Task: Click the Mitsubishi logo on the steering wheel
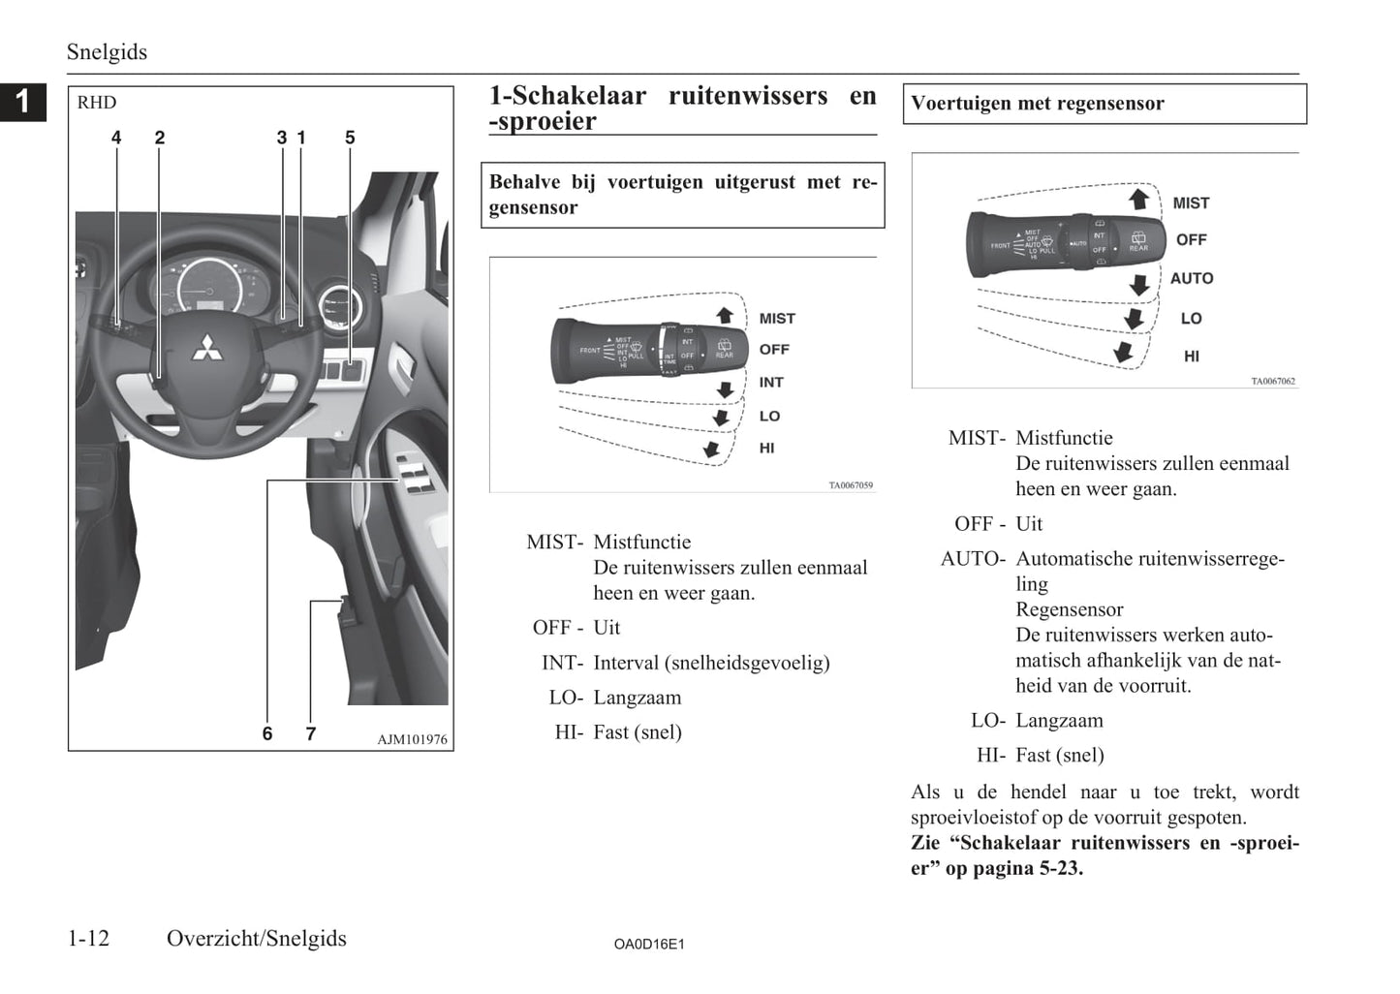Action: point(206,348)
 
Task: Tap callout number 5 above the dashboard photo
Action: point(350,138)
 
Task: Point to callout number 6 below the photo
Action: point(267,733)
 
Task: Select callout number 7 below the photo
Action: point(310,733)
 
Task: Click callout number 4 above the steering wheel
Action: point(116,138)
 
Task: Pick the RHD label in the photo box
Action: point(97,103)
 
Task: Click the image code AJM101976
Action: point(412,739)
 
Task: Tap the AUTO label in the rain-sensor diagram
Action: point(1191,278)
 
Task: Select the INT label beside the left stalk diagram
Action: point(771,383)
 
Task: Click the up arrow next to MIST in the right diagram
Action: point(1139,200)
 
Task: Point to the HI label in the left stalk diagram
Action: point(766,448)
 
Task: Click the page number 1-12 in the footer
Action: point(88,938)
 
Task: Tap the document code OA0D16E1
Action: point(649,944)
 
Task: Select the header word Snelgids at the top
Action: point(107,52)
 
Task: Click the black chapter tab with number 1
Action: point(23,101)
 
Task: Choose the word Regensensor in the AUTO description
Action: point(1069,609)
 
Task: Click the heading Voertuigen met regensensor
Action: point(1038,104)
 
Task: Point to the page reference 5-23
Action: point(1061,868)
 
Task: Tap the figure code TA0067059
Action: point(851,485)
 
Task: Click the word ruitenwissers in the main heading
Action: point(748,96)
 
